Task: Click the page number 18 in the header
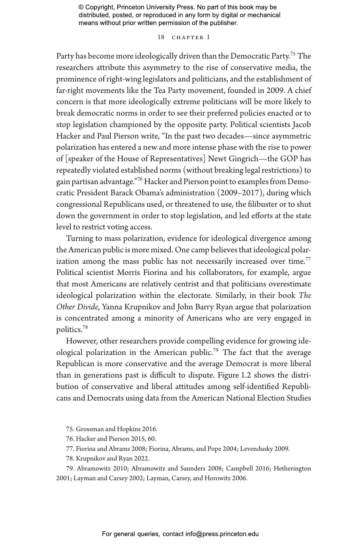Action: click(161, 37)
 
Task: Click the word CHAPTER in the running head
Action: click(188, 38)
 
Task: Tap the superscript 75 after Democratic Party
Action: click(293, 54)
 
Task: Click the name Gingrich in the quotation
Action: click(243, 159)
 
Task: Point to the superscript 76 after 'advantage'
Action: click(140, 180)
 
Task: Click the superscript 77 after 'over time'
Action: click(308, 259)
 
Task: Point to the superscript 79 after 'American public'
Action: click(216, 350)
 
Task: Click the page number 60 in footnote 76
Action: click(152, 439)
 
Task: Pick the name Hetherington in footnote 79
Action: click(292, 468)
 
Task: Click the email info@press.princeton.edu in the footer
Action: click(222, 534)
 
